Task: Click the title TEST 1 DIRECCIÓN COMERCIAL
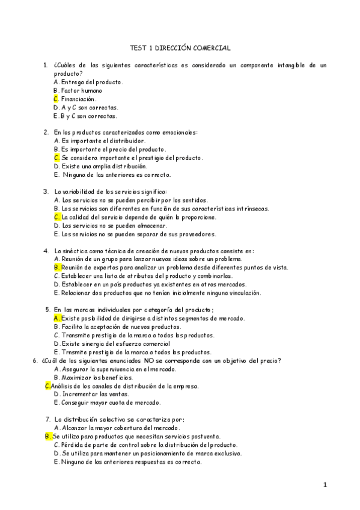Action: (x=180, y=46)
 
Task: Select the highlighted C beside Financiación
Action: (x=56, y=99)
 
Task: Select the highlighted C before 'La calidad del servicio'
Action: (x=56, y=217)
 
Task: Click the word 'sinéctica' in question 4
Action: (x=73, y=251)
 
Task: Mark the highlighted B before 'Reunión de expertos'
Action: (x=56, y=268)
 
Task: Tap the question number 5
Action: (x=47, y=310)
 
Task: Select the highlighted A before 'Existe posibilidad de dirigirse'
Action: (x=56, y=318)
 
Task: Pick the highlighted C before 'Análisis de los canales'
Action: (x=48, y=386)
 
